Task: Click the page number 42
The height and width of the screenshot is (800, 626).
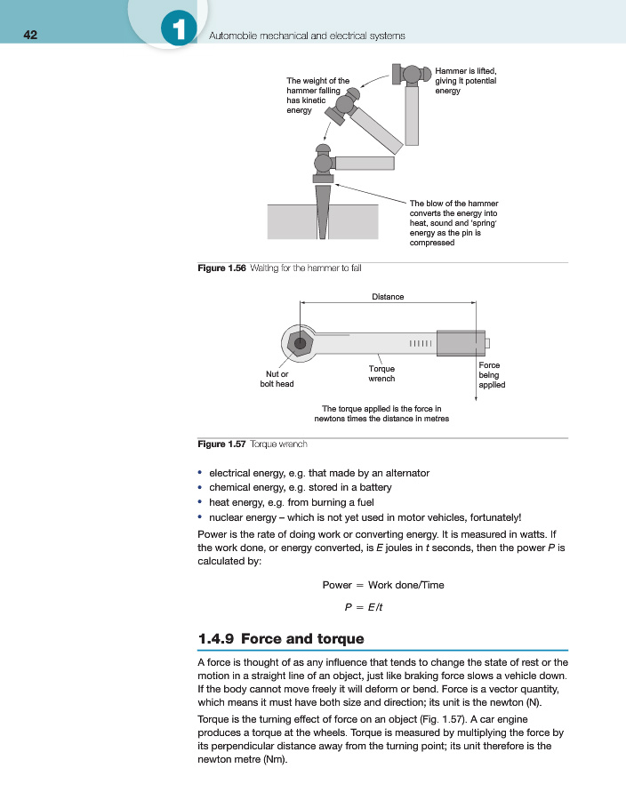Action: coord(30,35)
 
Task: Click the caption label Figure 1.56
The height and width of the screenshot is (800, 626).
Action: coord(221,268)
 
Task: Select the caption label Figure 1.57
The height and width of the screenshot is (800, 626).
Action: coord(221,443)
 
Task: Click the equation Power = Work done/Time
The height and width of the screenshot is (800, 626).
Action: coord(382,585)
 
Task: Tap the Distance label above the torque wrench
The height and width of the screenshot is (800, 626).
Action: coord(388,296)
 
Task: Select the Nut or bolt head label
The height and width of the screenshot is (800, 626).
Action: coord(277,379)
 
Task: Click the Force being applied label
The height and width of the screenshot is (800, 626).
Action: coord(492,375)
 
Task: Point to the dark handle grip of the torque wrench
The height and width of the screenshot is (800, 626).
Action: coord(461,343)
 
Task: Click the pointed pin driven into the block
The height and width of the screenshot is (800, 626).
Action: coord(321,209)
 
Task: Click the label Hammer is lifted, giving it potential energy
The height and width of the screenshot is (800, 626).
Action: coord(466,81)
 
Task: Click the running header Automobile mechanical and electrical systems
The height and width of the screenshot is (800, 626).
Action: coord(306,36)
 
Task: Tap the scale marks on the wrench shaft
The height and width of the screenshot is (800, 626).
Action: coord(421,343)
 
